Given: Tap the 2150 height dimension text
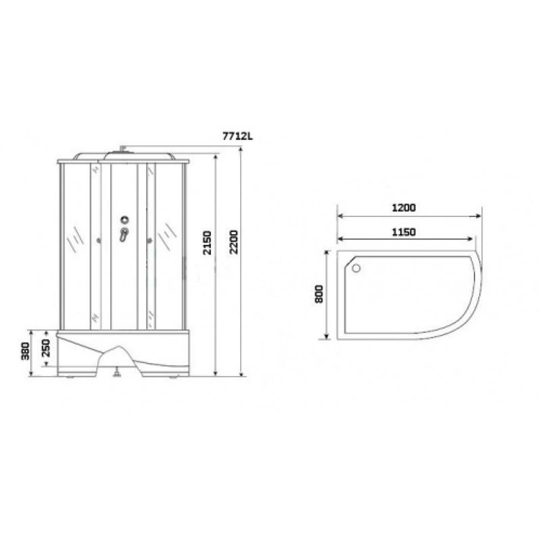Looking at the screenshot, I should (208, 245).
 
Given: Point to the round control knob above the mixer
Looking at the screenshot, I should (124, 218).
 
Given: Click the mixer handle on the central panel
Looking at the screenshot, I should (123, 234).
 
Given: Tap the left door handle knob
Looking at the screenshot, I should (99, 239).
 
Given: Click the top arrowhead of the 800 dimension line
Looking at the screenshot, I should (328, 250).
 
